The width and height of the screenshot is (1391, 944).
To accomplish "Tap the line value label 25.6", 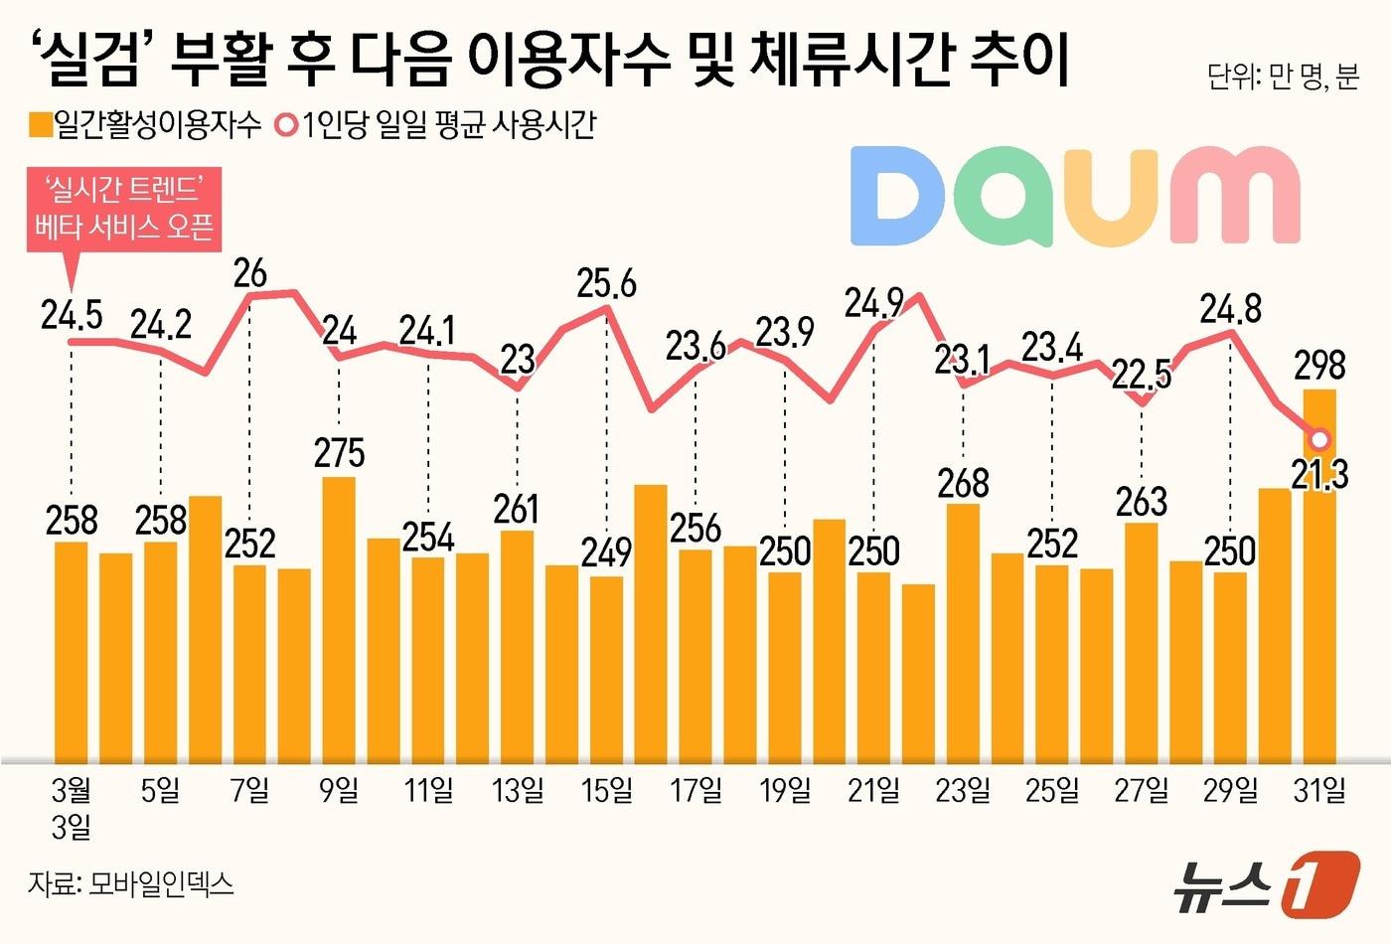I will click(x=606, y=284).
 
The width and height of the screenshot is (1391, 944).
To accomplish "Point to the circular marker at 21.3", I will click(x=1319, y=439).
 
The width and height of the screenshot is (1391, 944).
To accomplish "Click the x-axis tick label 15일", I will click(x=606, y=791).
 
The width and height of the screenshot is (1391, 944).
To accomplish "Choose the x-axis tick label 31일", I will click(x=1319, y=791).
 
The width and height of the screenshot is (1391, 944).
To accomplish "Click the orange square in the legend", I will click(x=40, y=125).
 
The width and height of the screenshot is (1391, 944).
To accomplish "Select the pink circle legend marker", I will click(x=287, y=125).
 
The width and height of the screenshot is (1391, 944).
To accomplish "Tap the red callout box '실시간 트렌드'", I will click(x=124, y=208).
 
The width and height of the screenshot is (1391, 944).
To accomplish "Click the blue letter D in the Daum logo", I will click(x=896, y=197).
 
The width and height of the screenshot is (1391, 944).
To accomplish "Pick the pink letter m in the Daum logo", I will click(x=1234, y=197).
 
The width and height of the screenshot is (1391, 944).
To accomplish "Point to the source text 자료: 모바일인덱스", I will click(x=131, y=883).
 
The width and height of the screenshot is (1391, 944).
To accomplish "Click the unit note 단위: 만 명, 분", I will click(x=1283, y=77).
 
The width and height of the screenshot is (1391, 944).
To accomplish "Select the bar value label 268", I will click(x=963, y=483).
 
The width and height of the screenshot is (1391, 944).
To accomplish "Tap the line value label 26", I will click(x=249, y=273).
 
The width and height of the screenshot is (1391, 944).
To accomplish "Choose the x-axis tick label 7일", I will click(x=249, y=791).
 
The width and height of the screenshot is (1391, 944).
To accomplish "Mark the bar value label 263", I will click(x=1141, y=502).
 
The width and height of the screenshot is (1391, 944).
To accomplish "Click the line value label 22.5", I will click(x=1141, y=375).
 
